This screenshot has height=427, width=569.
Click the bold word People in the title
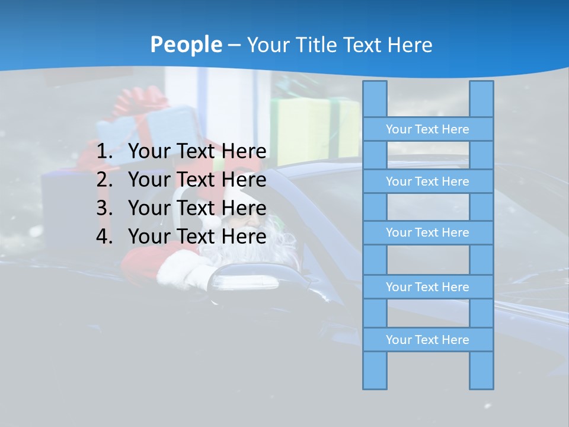click(186, 44)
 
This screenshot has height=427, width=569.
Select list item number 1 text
click(197, 152)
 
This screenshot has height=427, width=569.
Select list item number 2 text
click(197, 180)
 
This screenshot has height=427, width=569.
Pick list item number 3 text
click(197, 208)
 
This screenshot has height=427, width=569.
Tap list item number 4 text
click(197, 237)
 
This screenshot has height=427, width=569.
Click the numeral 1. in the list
click(105, 152)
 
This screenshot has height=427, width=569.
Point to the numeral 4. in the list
click(105, 237)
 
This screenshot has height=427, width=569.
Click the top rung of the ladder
click(427, 129)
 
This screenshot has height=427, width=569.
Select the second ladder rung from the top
click(427, 181)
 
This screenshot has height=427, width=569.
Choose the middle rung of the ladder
click(427, 232)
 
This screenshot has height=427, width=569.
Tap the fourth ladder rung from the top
click(427, 287)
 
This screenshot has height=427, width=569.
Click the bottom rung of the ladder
click(427, 340)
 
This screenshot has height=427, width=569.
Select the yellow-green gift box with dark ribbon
click(314, 128)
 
